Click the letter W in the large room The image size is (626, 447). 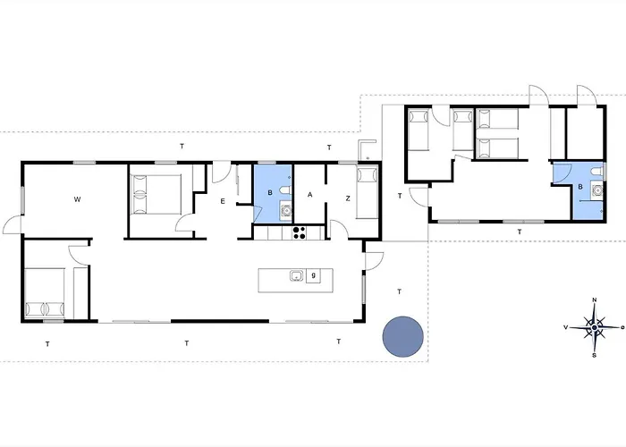click(78, 198)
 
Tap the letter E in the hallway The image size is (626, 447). click(224, 202)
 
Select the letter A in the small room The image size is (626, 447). click(310, 195)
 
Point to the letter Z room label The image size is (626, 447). click(348, 198)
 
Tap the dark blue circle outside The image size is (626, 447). click(402, 337)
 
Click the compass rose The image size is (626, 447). click(594, 328)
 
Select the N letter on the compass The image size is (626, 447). click(594, 301)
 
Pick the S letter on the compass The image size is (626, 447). click(594, 355)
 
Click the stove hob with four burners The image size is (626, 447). click(300, 233)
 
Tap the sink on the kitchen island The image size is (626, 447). click(296, 276)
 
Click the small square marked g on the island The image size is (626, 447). click(314, 276)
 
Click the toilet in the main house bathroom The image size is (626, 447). click(284, 190)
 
